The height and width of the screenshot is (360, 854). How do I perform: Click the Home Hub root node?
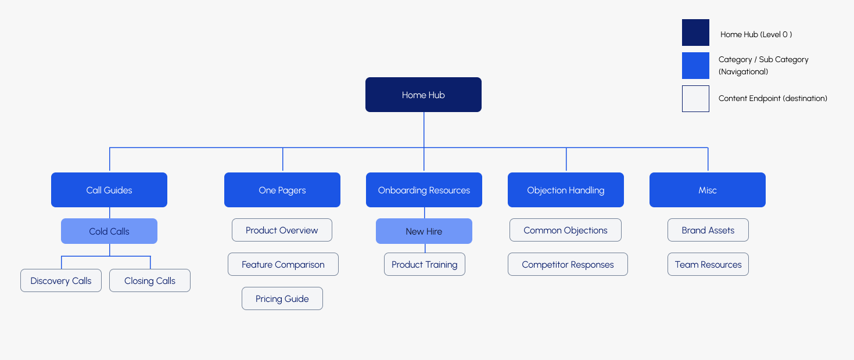click(x=423, y=95)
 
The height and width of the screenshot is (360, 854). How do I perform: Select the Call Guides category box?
click(x=109, y=190)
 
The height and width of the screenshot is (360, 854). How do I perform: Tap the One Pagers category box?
click(x=282, y=190)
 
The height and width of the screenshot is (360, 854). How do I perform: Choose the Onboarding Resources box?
click(x=424, y=190)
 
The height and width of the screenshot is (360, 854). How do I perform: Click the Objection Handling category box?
click(x=566, y=190)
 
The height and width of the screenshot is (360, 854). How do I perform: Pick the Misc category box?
click(x=708, y=190)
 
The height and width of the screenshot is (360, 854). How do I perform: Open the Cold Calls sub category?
click(x=109, y=231)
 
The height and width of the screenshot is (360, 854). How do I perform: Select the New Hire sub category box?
click(x=424, y=231)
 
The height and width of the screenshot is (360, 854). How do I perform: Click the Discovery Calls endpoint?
click(x=61, y=280)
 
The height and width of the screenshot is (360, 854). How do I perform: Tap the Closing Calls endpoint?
click(x=150, y=280)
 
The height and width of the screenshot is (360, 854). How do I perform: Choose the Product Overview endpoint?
click(x=282, y=230)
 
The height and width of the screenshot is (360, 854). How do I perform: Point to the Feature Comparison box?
click(x=283, y=264)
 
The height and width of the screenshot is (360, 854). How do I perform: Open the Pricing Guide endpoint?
click(x=282, y=298)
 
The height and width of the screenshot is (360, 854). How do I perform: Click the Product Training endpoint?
click(x=425, y=264)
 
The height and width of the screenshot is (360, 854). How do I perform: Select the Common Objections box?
click(x=565, y=230)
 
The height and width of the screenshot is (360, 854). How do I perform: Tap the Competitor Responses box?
click(x=568, y=264)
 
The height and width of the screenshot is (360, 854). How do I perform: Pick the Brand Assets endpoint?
click(x=708, y=230)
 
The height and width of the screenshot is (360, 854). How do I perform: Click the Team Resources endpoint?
click(x=708, y=264)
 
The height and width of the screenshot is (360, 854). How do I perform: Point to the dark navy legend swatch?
click(x=695, y=33)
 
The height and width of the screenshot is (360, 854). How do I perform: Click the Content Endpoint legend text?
click(x=773, y=98)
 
